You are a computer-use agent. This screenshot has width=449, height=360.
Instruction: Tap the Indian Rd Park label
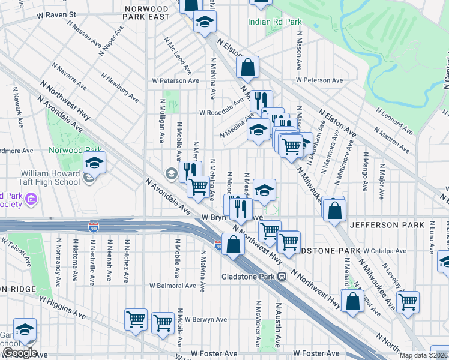tap(276, 22)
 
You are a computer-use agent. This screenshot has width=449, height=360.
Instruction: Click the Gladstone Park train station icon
tap(281, 277)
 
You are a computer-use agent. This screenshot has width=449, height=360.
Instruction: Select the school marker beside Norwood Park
tap(94, 163)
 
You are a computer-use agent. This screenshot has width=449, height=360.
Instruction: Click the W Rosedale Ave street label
tap(224, 112)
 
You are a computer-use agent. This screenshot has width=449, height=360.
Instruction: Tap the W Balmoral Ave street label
tap(173, 286)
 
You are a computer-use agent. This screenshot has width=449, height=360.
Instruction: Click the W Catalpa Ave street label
tap(385, 251)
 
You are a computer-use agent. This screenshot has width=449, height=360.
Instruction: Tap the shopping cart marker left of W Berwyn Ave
tap(163, 323)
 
